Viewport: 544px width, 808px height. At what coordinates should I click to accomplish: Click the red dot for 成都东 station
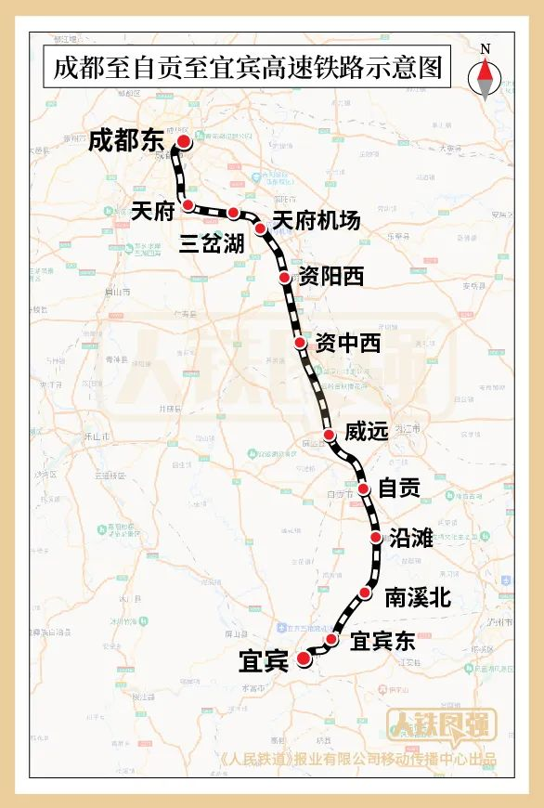point(184,141)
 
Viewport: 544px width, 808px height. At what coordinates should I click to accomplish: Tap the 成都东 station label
point(125,141)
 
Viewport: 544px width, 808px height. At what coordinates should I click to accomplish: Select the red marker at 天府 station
point(188,204)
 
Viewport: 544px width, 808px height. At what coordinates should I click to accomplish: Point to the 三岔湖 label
point(213,243)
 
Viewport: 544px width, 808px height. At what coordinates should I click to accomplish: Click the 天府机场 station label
point(316,221)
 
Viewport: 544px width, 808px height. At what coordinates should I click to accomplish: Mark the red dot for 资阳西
point(285,278)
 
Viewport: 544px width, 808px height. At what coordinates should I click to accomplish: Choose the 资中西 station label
point(348,344)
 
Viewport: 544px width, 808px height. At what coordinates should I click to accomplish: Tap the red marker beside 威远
point(329,435)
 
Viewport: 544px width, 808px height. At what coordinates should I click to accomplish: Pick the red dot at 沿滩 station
point(376,537)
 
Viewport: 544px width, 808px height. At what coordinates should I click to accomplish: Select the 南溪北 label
point(418,597)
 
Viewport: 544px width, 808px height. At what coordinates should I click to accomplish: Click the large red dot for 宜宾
point(304,659)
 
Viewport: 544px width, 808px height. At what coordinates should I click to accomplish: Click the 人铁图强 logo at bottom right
point(455,724)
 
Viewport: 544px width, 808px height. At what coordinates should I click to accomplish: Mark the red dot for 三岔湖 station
point(233,214)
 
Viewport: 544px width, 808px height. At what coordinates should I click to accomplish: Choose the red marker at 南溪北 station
point(365,593)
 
